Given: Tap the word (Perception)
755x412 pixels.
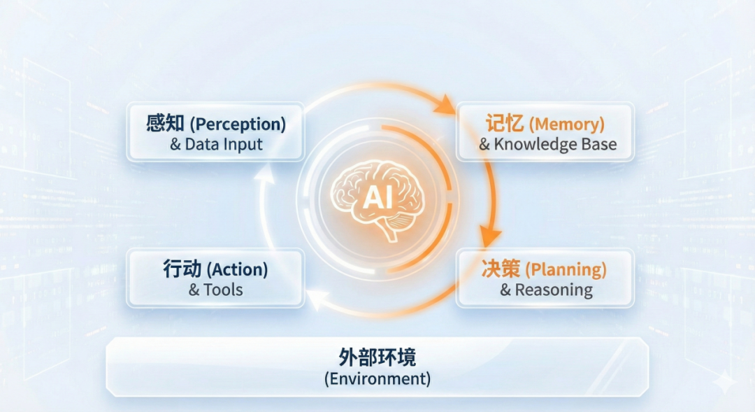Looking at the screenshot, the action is click(x=238, y=125).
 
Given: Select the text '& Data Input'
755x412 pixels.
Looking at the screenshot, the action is click(x=216, y=144).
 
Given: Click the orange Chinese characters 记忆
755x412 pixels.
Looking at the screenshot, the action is click(x=505, y=123).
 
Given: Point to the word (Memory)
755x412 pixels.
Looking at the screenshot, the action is click(x=567, y=125).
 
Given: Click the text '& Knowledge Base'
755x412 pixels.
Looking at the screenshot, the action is click(x=548, y=144).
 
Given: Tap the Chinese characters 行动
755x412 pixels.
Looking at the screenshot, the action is click(x=182, y=269).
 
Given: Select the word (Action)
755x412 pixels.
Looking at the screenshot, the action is click(x=238, y=269).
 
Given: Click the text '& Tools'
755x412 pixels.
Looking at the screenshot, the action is click(x=216, y=290).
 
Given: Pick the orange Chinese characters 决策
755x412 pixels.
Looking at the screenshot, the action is click(x=501, y=269).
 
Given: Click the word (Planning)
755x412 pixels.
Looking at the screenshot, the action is click(x=566, y=269).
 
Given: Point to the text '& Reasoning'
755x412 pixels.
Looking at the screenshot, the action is click(x=547, y=290).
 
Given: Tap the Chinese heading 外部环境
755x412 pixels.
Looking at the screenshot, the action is click(x=377, y=357).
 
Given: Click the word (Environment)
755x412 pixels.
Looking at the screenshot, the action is click(x=377, y=378).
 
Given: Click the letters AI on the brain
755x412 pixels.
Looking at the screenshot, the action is click(x=378, y=197).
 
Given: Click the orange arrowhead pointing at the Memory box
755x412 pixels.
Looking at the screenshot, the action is click(x=445, y=104).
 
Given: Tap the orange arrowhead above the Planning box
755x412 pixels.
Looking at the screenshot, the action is click(x=489, y=236).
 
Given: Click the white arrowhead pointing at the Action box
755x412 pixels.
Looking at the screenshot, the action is click(x=318, y=299).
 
